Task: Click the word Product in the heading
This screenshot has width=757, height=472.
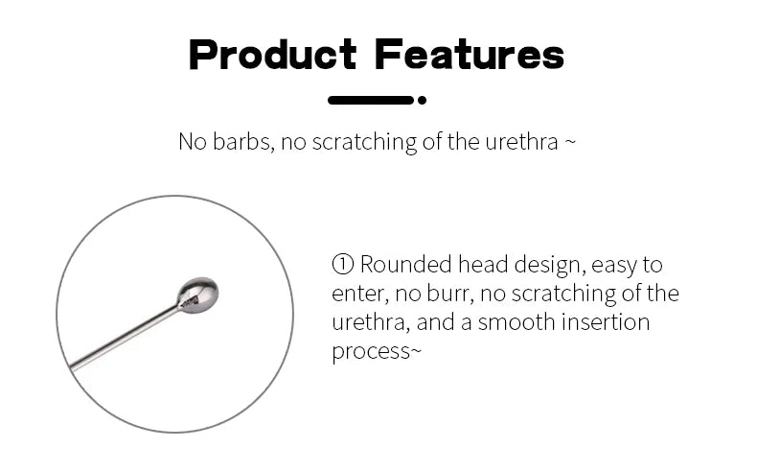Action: click(x=273, y=55)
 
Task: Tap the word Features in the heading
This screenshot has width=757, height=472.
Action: click(x=470, y=55)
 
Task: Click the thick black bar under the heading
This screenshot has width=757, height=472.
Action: click(x=371, y=100)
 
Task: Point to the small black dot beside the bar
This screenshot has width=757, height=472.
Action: click(x=422, y=100)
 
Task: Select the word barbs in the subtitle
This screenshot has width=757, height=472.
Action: click(x=243, y=142)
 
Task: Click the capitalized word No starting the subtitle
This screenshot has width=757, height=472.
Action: click(x=193, y=142)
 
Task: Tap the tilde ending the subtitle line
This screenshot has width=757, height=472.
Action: click(x=570, y=142)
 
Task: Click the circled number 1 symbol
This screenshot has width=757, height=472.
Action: click(x=343, y=265)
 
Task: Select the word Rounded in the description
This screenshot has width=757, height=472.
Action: click(x=406, y=265)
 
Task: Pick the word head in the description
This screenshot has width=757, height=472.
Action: click(x=483, y=265)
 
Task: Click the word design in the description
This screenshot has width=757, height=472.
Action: click(x=550, y=266)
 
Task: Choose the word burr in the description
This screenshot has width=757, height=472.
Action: click(x=450, y=294)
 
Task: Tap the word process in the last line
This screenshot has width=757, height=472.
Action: click(x=371, y=353)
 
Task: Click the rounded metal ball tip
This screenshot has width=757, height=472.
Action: click(x=198, y=295)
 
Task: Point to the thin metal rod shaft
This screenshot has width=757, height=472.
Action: click(x=126, y=338)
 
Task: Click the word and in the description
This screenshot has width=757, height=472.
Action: click(x=436, y=322)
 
